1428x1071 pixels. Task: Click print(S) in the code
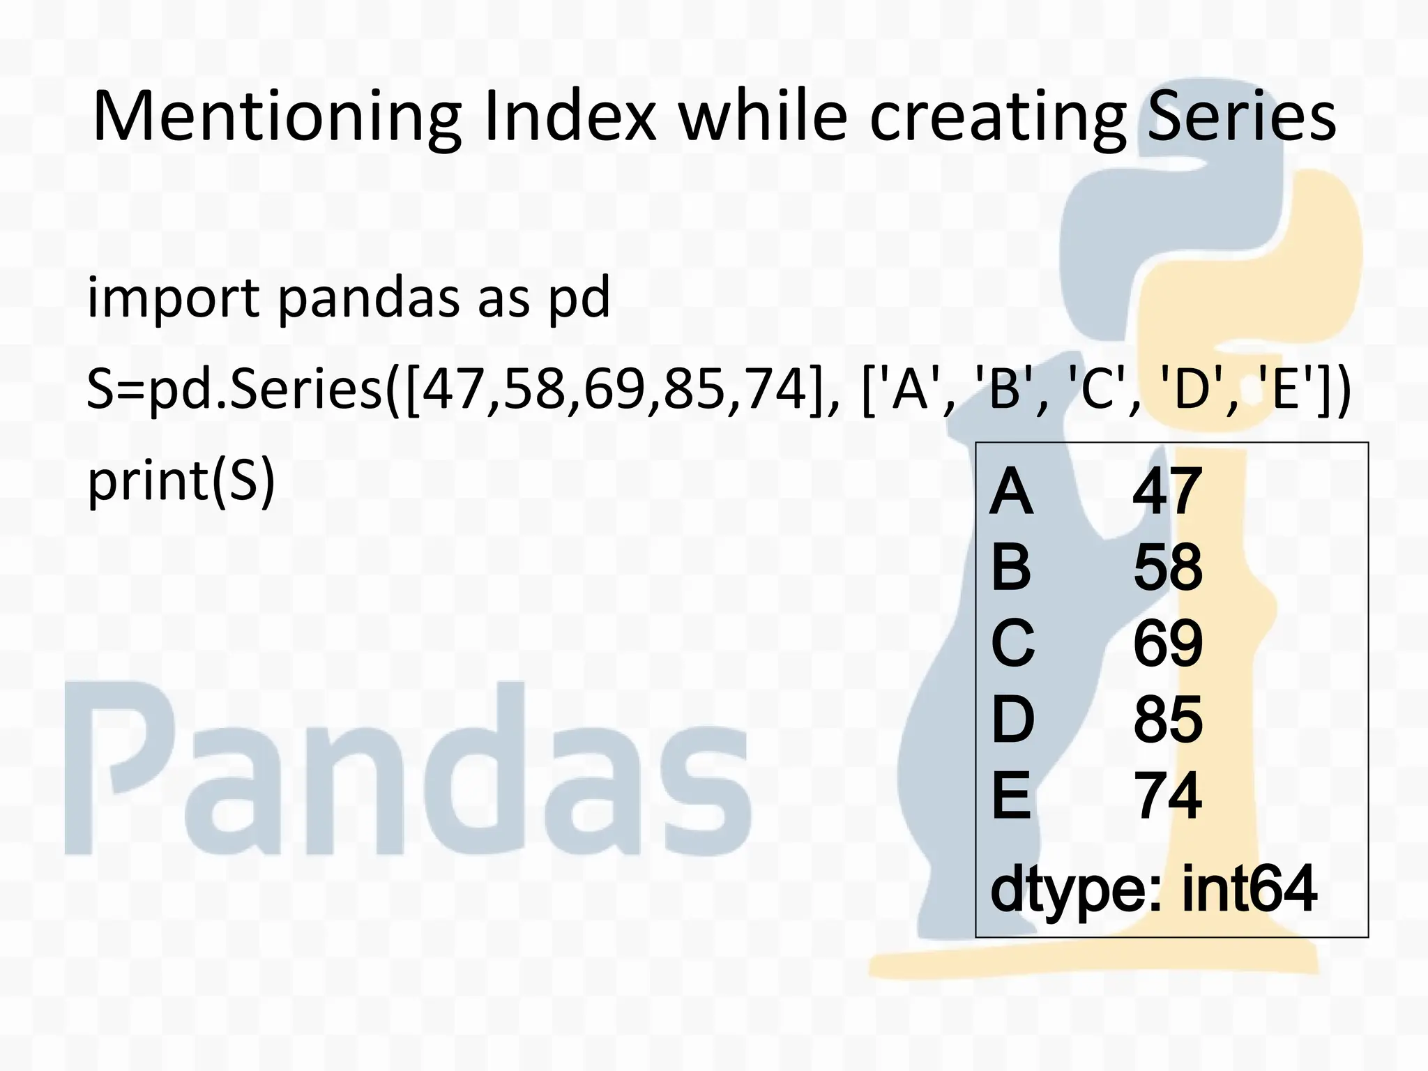point(181,480)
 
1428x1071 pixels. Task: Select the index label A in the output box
point(1010,492)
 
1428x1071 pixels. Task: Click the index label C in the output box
point(1012,643)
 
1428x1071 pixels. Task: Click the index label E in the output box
point(1010,796)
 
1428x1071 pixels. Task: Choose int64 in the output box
point(1249,889)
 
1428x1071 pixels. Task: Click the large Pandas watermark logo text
point(408,770)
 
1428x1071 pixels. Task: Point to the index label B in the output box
point(1010,568)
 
